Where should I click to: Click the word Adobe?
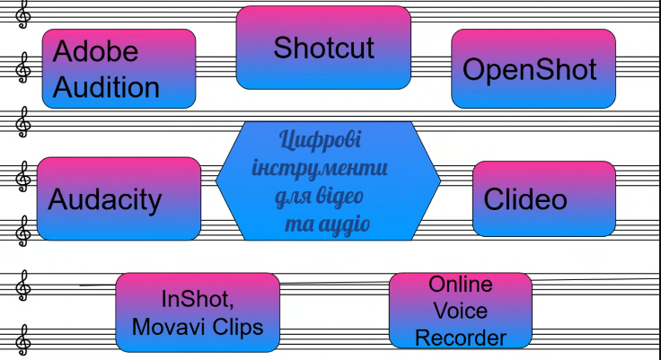click(96, 51)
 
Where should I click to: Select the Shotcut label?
click(323, 47)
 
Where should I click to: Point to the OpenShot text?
click(530, 69)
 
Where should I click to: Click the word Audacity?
click(105, 198)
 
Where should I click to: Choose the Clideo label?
click(525, 198)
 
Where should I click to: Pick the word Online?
click(460, 285)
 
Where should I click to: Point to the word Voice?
click(460, 311)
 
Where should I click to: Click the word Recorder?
click(460, 338)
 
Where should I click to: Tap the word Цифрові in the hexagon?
click(321, 141)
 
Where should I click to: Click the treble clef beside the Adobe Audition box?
click(22, 67)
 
